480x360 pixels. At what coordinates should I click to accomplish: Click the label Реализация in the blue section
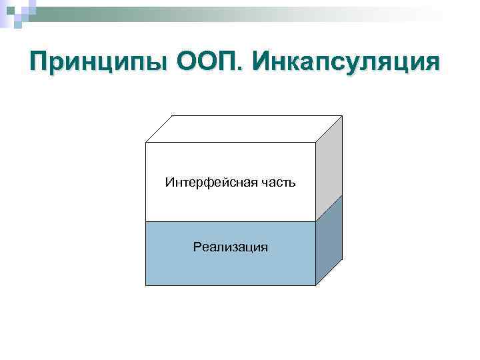[x=231, y=247]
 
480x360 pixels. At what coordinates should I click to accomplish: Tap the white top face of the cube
[x=243, y=129]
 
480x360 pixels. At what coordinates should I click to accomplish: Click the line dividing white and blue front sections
[x=231, y=221]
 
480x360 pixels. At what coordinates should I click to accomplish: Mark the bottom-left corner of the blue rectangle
[x=145, y=285]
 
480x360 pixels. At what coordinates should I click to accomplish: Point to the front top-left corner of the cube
[x=145, y=142]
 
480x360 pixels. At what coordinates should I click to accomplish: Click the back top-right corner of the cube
[x=342, y=116]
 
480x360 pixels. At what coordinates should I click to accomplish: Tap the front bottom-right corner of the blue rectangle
[x=315, y=285]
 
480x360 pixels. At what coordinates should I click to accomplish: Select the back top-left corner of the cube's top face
[x=173, y=116]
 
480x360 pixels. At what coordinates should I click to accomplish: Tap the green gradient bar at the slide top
[x=200, y=15]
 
